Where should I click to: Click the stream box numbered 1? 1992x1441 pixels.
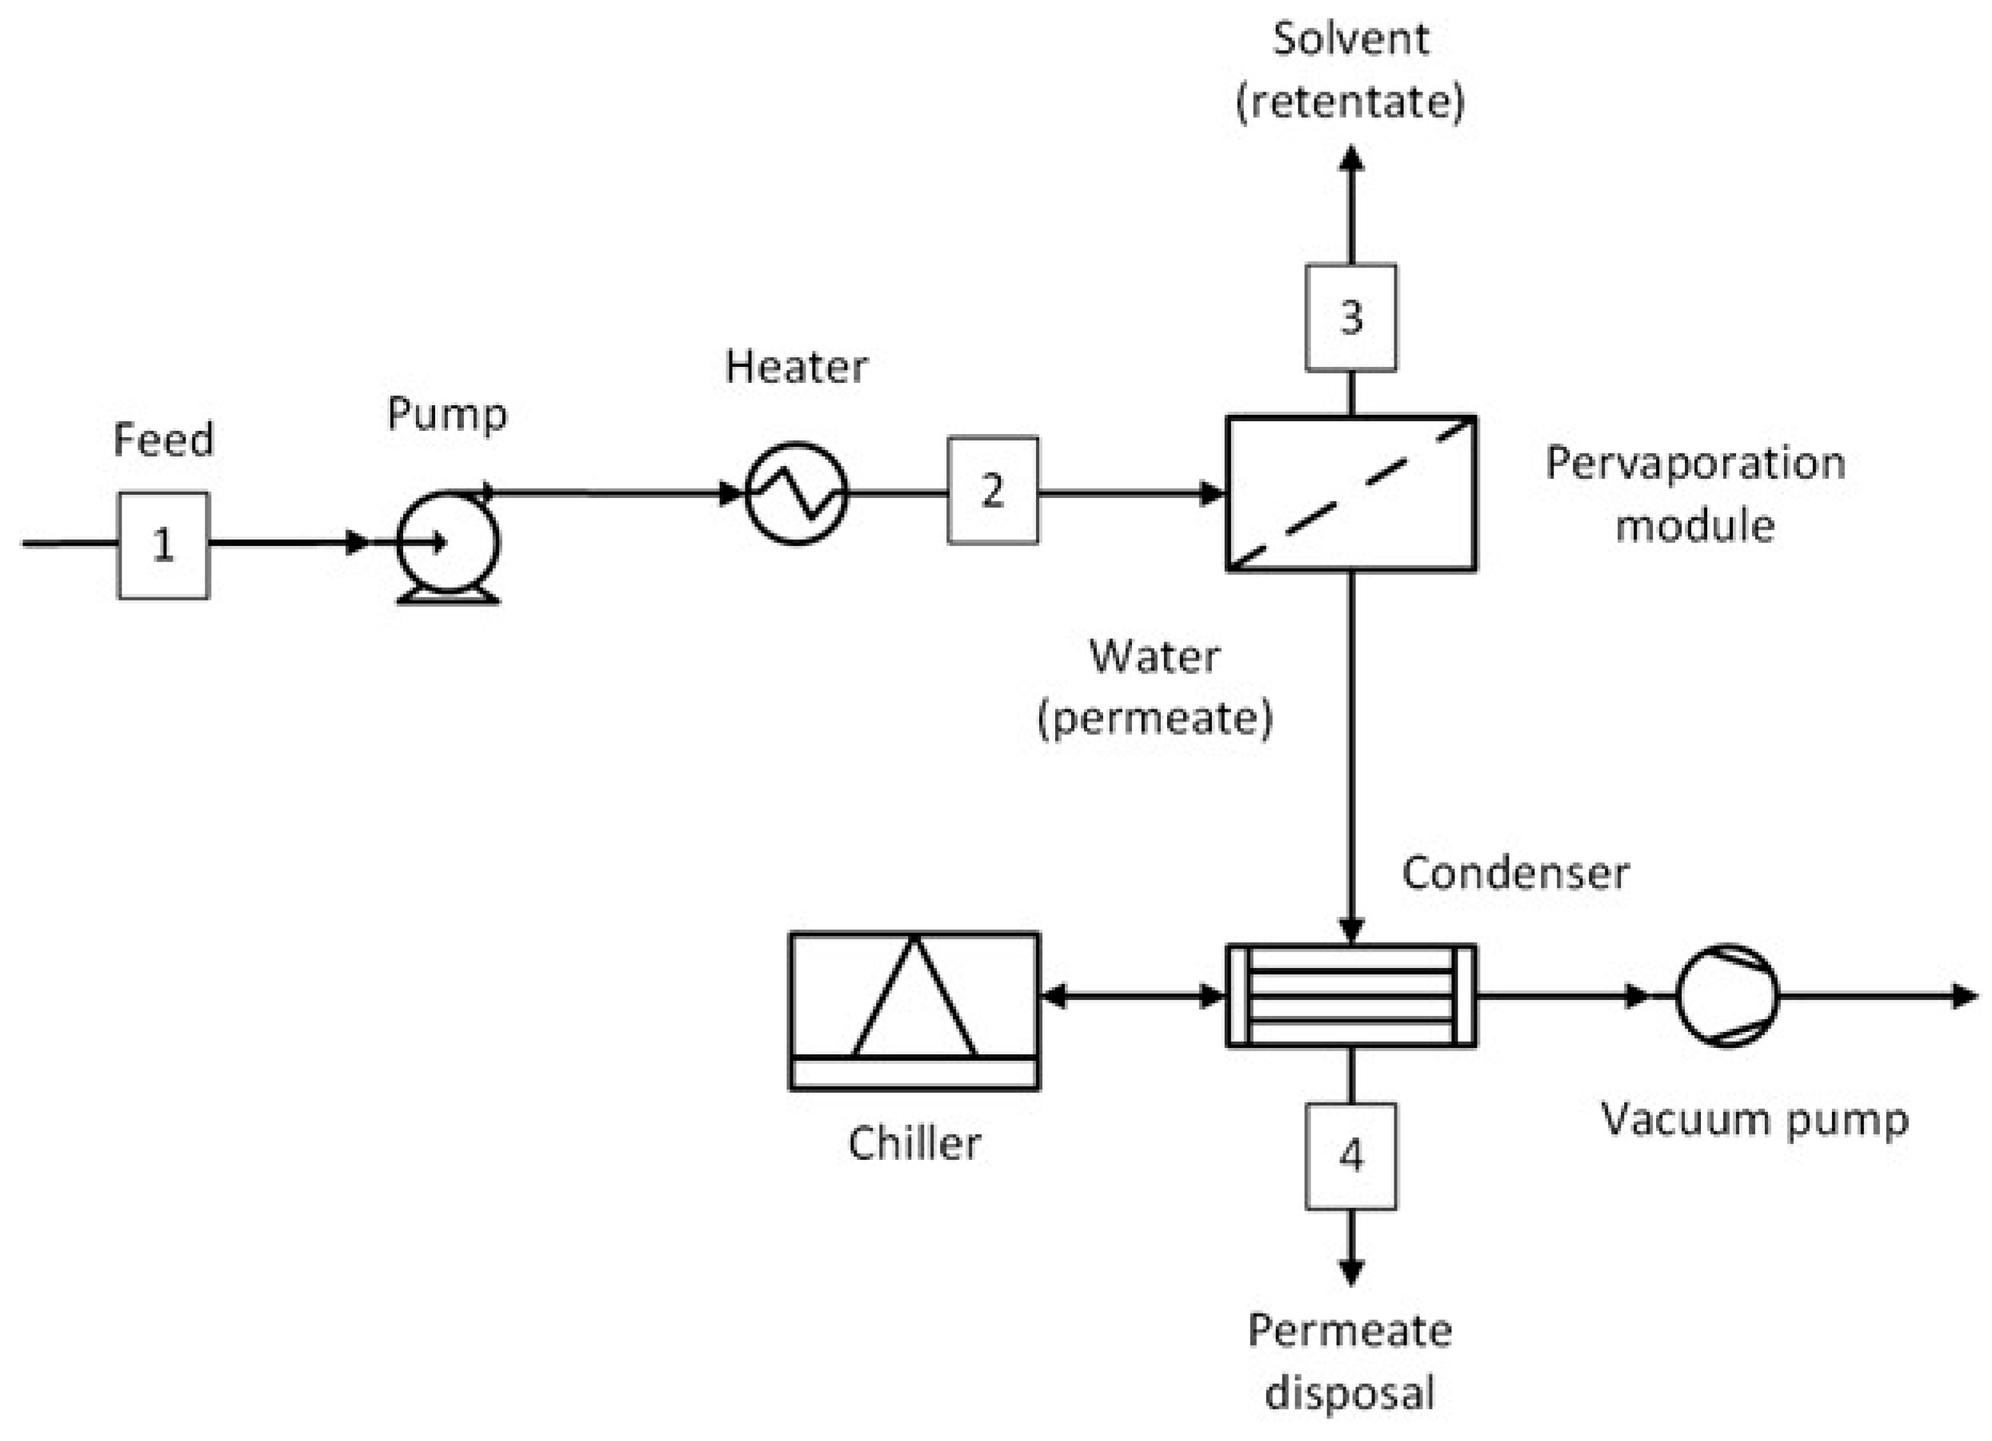[x=163, y=545]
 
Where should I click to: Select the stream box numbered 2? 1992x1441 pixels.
[x=992, y=490]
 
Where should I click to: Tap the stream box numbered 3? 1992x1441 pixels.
[x=1351, y=317]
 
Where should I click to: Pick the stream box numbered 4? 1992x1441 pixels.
[x=1351, y=1156]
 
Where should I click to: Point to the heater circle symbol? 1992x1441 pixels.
[x=797, y=494]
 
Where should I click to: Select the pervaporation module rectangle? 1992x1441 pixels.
[x=1351, y=494]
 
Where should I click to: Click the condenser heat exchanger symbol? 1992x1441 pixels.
[x=1351, y=996]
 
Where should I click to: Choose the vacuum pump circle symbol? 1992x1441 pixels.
[x=1728, y=996]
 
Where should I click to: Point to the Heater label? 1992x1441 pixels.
[x=797, y=367]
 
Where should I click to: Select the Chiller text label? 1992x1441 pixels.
[x=914, y=1144]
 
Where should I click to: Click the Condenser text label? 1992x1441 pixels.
[x=1515, y=873]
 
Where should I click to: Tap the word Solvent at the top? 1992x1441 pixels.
[x=1351, y=40]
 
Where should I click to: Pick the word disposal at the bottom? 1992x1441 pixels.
[x=1350, y=1394]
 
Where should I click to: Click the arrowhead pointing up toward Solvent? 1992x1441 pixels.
[x=1351, y=158]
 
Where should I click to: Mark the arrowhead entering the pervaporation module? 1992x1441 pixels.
[x=1212, y=494]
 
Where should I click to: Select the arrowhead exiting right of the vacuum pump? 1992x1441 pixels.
[x=1966, y=996]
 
